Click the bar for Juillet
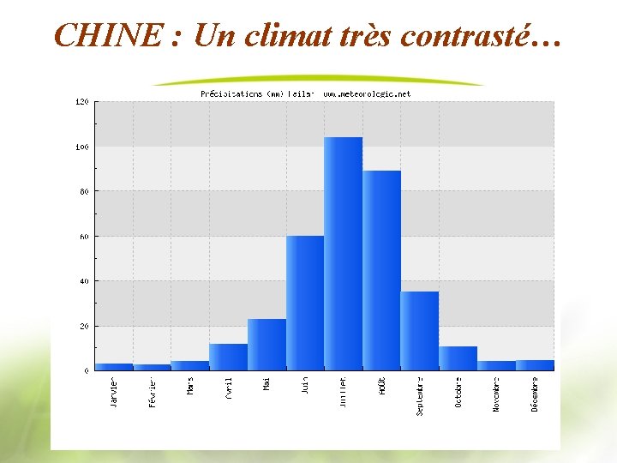coord(343,254)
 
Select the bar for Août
coord(381,270)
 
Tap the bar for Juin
coord(305,303)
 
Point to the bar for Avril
coord(228,357)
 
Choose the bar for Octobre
coord(458,358)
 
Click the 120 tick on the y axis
coord(82,102)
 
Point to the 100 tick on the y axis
coord(82,147)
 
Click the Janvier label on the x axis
coord(115,392)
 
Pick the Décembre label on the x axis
coord(535,394)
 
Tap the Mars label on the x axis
coord(191,388)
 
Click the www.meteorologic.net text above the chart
coord(367,93)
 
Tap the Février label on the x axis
coord(153,392)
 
